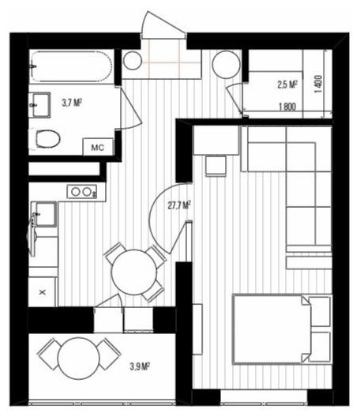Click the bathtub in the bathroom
[x=71, y=66]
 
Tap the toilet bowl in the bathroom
[x=47, y=138]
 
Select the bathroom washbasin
[x=40, y=104]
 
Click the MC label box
[x=98, y=147]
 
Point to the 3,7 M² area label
[x=72, y=103]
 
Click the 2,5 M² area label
[x=287, y=85]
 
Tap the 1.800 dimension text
[x=287, y=107]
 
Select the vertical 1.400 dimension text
[x=318, y=84]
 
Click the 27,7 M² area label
[x=180, y=205]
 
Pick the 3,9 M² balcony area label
[x=140, y=367]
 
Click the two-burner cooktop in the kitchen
[x=82, y=191]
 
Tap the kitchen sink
[x=44, y=214]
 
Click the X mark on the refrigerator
[x=43, y=292]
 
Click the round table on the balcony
[x=79, y=359]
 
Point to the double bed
[x=282, y=329]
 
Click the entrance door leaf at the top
[x=163, y=24]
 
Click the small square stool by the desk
[x=216, y=166]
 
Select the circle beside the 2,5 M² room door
[x=227, y=65]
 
